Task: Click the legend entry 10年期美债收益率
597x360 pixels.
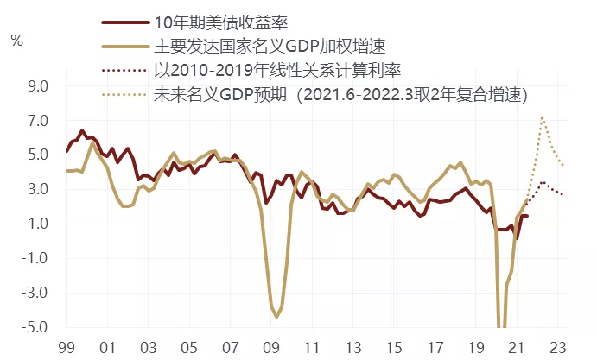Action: (x=221, y=22)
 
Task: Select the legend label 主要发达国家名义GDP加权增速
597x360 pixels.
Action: (x=270, y=47)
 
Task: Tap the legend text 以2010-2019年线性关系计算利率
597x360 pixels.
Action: (x=277, y=71)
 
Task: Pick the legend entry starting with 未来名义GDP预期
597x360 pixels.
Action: (x=340, y=95)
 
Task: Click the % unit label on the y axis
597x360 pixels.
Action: (x=16, y=41)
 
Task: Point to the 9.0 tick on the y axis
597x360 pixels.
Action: (x=38, y=86)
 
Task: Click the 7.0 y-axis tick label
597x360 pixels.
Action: (x=38, y=121)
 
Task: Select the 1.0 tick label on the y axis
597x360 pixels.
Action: (x=38, y=224)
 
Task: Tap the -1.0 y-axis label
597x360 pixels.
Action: (x=35, y=258)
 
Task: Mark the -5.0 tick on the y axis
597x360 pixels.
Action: (x=35, y=327)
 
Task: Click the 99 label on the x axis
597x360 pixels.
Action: (x=67, y=348)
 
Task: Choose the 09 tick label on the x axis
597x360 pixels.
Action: (x=270, y=348)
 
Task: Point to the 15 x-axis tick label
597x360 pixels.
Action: (x=394, y=348)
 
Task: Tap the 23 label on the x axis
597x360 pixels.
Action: (x=557, y=348)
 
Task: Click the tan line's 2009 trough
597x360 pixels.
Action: (x=276, y=317)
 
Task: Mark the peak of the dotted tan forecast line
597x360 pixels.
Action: (x=543, y=117)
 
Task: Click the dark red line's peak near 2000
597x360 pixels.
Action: (x=82, y=131)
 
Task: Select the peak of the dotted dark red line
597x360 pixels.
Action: (x=543, y=183)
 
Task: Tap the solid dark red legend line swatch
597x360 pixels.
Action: (x=125, y=22)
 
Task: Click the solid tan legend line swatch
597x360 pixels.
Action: (x=125, y=47)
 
